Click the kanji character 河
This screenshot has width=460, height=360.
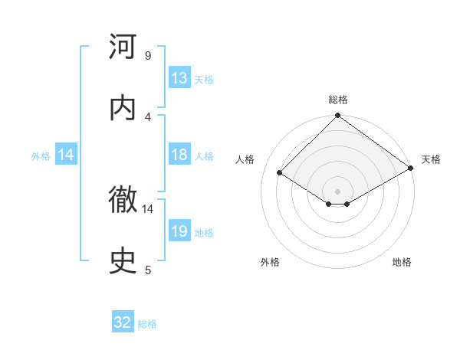[x=123, y=47]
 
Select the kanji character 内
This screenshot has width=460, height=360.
[x=123, y=108]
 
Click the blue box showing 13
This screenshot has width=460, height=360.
[x=179, y=78]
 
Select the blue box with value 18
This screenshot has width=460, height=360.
[x=179, y=155]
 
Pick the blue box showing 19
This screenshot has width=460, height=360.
[x=179, y=231]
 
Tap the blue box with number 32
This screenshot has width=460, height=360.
[x=123, y=323]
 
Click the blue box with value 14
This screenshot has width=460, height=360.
[x=66, y=155]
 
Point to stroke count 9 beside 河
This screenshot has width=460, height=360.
[x=148, y=56]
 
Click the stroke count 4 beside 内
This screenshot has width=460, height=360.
[x=148, y=116]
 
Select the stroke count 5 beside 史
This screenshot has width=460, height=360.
[x=148, y=270]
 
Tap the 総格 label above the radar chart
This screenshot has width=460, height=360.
[x=338, y=100]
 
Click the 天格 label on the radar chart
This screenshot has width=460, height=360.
[x=431, y=159]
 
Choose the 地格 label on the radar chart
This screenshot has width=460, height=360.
[x=402, y=262]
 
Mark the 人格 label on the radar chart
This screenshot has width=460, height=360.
[x=245, y=159]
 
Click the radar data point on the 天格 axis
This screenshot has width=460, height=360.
[x=411, y=169]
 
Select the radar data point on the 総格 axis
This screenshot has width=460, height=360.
[x=338, y=116]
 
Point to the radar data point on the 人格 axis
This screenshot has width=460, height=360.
[x=280, y=173]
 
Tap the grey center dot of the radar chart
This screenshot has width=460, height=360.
[x=338, y=191]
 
